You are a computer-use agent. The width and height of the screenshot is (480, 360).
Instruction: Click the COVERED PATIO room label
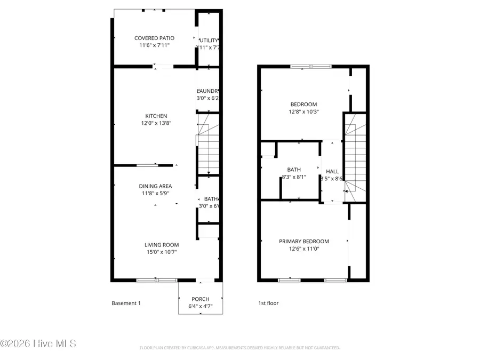point(154,38)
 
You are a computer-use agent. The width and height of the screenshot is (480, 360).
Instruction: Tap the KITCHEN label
point(156,116)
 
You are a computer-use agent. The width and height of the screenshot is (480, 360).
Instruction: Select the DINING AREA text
point(155,186)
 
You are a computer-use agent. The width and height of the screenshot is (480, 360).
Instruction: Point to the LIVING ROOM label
point(161,245)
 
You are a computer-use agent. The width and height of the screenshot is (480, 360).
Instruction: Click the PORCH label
point(201,299)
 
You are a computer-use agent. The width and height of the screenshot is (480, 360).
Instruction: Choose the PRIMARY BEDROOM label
point(304,241)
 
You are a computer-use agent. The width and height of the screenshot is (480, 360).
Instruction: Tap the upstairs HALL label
point(332,171)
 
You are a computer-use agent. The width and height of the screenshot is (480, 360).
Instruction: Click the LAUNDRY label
point(208,91)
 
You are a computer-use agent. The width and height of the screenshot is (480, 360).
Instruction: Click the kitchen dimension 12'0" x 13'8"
point(156,123)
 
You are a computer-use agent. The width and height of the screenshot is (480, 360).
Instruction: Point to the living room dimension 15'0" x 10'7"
point(161,252)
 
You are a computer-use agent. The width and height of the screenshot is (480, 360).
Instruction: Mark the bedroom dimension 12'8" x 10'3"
point(303,112)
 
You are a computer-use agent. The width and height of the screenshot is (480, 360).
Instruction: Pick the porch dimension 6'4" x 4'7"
point(201,306)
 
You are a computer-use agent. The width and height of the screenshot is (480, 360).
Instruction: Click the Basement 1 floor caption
point(126,303)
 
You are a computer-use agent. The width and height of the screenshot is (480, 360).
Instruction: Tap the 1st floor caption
point(268,303)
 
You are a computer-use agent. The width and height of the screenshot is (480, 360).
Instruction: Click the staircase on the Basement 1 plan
point(207,144)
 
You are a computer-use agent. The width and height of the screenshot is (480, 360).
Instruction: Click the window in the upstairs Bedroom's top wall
point(310,67)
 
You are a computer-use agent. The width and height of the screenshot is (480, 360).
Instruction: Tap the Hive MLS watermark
point(38,343)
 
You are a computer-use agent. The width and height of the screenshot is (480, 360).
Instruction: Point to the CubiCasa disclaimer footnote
point(239,348)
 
